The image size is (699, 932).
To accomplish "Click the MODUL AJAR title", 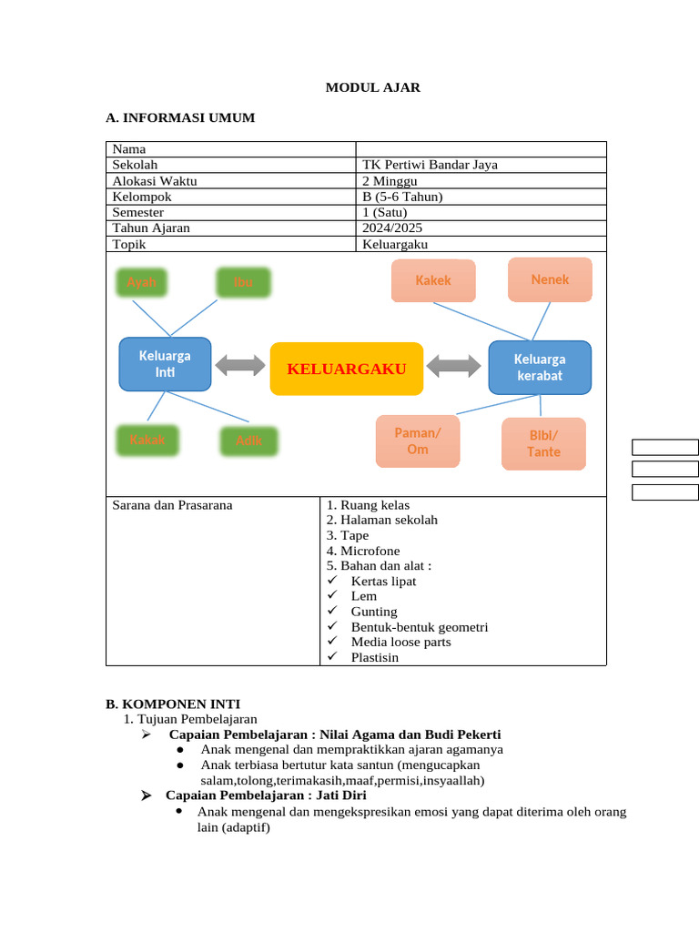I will (x=373, y=87).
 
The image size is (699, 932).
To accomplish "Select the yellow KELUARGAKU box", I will (x=347, y=369).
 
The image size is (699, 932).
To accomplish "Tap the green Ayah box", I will (x=142, y=282).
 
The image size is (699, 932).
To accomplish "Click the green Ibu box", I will (x=244, y=282).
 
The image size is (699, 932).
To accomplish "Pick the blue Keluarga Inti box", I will (x=166, y=364).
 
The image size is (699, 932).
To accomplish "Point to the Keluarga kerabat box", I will (x=540, y=368).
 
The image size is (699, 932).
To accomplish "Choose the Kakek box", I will (x=433, y=280).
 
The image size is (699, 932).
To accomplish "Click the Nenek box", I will (x=550, y=279).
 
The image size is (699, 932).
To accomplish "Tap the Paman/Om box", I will (x=418, y=441).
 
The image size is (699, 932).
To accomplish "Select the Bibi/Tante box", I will (x=543, y=444).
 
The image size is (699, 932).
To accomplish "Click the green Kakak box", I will (x=147, y=440).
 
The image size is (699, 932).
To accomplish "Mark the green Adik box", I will (x=249, y=441).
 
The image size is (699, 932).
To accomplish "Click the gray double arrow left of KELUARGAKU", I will (x=240, y=366).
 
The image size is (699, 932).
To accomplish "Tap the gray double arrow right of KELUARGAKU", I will (x=453, y=366).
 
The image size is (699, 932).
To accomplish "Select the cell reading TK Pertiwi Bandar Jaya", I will (x=430, y=165).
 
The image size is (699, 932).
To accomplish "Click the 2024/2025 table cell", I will (x=392, y=228).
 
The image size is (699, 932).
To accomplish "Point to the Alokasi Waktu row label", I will (x=155, y=180).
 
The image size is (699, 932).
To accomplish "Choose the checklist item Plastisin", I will (x=375, y=657).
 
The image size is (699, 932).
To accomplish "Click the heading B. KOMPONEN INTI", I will (x=173, y=704).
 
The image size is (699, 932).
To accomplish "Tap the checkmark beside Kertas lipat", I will (x=333, y=581).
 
